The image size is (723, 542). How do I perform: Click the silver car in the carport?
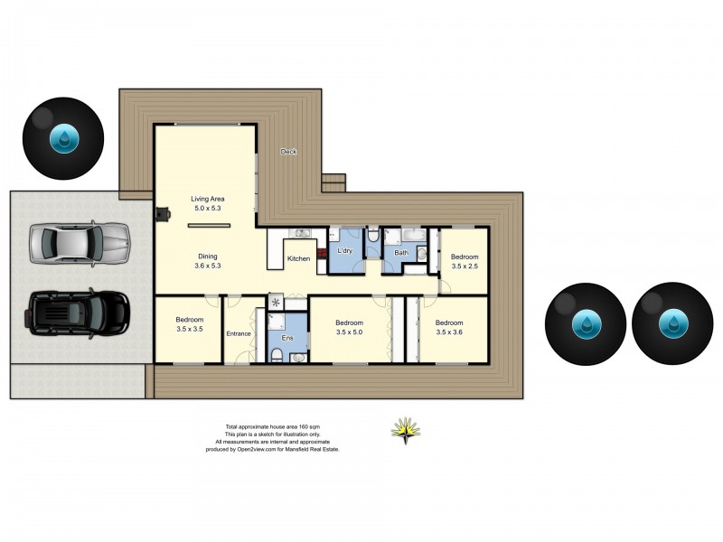[x=80, y=243]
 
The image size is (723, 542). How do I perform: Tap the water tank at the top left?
[x=64, y=139]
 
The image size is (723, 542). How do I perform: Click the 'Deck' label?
[x=288, y=152]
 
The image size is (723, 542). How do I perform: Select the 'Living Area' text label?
[x=207, y=199]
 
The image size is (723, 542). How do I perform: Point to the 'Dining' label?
[x=207, y=256]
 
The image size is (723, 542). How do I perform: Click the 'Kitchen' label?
[x=298, y=259]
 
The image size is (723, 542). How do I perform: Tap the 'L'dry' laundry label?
[x=344, y=250]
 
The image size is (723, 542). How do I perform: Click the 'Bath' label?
[x=400, y=253]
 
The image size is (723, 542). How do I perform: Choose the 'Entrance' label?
[x=239, y=333]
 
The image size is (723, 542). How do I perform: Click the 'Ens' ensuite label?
[x=286, y=338]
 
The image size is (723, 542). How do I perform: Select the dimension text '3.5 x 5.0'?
[x=349, y=332]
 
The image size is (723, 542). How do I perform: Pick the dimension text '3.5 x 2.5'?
[x=465, y=266]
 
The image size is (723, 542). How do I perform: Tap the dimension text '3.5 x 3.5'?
[x=189, y=330]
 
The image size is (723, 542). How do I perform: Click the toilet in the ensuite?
[x=298, y=357]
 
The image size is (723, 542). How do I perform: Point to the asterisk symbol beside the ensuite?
[x=276, y=302]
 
